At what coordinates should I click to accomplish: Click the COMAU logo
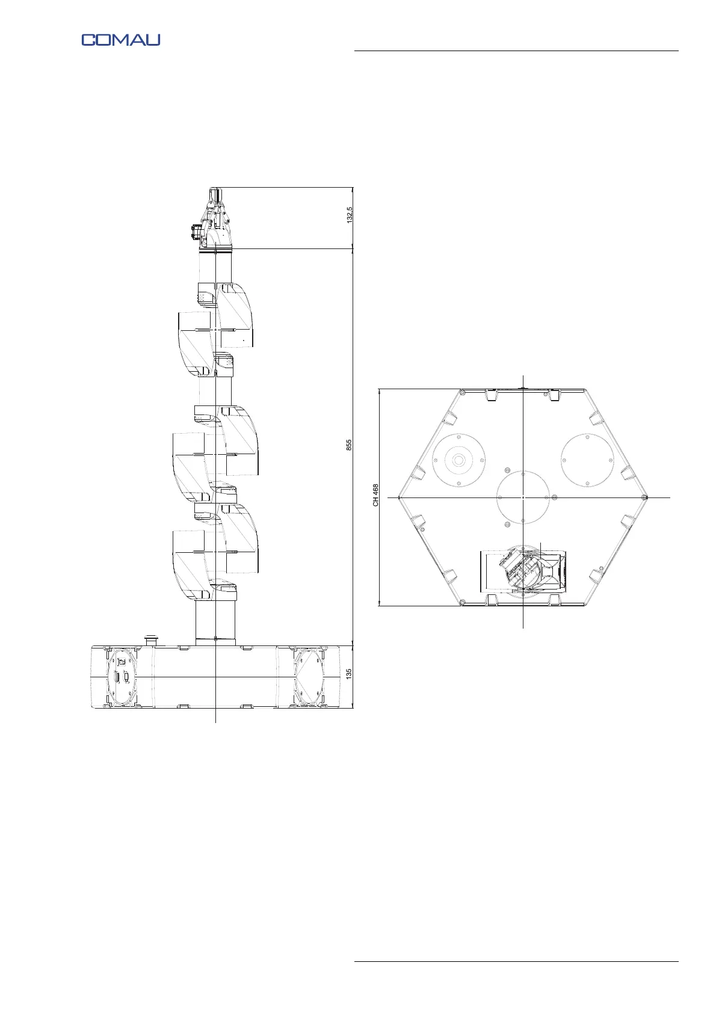pos(121,40)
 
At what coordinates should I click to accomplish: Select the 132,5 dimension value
pos(349,215)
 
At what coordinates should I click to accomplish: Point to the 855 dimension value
pos(349,445)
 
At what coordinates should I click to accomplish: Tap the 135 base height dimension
pos(349,674)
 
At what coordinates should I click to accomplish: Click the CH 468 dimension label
pos(375,494)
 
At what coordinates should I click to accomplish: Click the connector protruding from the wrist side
pos(197,233)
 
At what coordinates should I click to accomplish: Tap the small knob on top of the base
pos(150,641)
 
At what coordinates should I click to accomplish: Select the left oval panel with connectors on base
pos(121,677)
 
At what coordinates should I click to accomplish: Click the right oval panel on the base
pos(309,677)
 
